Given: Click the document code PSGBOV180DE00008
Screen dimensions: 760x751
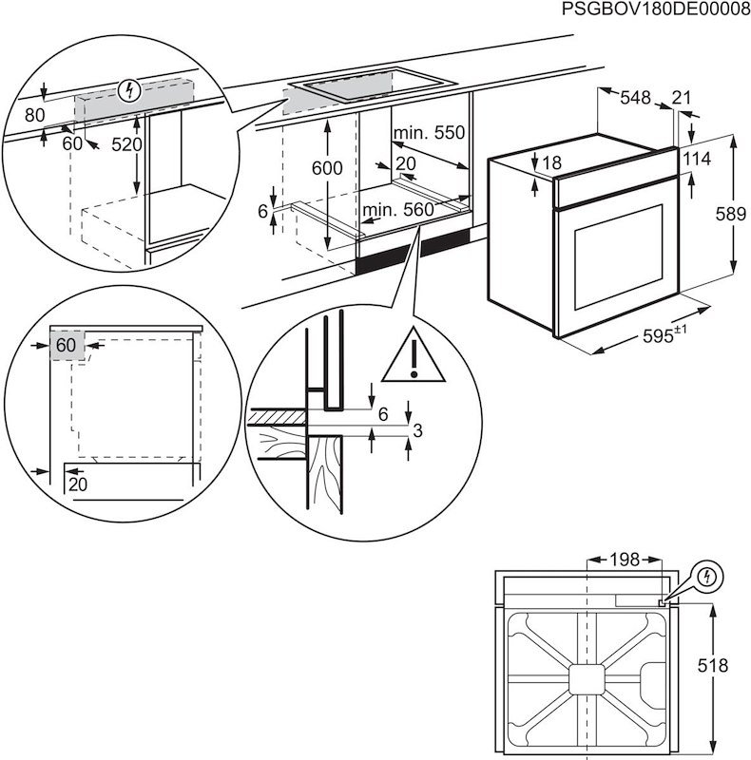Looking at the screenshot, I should tap(656, 10).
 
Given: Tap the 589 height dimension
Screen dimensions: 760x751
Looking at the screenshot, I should tap(730, 216).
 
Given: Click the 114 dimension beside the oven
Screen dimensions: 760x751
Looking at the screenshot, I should tap(699, 160).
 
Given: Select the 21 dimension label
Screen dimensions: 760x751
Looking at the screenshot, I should tap(681, 98).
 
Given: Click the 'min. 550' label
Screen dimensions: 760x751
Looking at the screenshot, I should tap(430, 134).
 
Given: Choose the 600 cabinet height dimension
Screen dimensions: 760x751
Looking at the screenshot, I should tap(326, 168).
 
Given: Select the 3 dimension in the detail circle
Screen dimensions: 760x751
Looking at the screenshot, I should tap(414, 432).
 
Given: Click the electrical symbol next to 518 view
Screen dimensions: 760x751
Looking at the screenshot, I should tap(706, 577).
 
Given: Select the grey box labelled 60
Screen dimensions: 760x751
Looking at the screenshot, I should tap(65, 345).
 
